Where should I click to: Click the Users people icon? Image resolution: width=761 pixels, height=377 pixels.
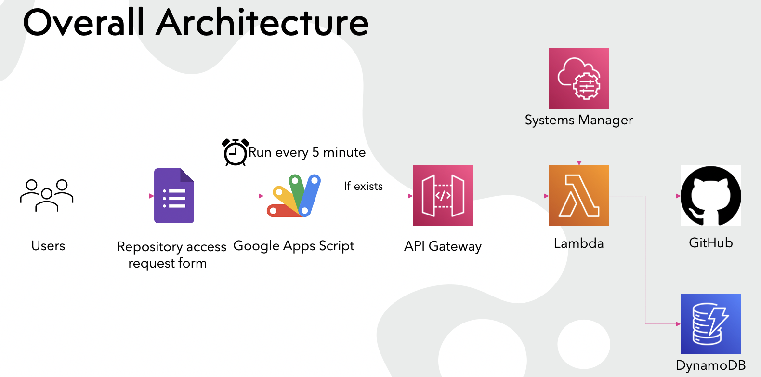47,195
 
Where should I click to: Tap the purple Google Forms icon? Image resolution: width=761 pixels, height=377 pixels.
174,196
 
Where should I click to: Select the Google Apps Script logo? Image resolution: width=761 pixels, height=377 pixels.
294,196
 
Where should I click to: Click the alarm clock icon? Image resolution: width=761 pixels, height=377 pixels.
235,152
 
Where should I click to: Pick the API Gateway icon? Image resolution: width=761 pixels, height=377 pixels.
443,196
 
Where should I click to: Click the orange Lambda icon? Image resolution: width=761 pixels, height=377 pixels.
578,196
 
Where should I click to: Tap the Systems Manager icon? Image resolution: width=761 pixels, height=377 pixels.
578,79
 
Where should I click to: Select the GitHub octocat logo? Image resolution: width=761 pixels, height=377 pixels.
710,196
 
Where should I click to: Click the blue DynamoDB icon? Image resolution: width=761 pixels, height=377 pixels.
710,324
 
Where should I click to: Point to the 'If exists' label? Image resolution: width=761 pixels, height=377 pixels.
363,186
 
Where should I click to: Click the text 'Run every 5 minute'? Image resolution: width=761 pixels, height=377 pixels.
307,152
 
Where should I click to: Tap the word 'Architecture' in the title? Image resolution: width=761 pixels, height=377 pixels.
262,23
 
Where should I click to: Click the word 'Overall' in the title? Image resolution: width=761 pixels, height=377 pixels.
83,23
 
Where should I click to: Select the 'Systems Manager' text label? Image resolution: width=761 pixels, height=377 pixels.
578,120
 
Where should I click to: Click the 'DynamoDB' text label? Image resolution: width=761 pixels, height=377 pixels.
710,365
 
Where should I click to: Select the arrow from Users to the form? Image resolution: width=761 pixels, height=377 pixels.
115,196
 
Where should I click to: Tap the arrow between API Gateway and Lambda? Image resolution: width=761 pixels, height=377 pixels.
511,196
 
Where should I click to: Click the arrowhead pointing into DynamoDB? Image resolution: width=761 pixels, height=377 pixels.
678,324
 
